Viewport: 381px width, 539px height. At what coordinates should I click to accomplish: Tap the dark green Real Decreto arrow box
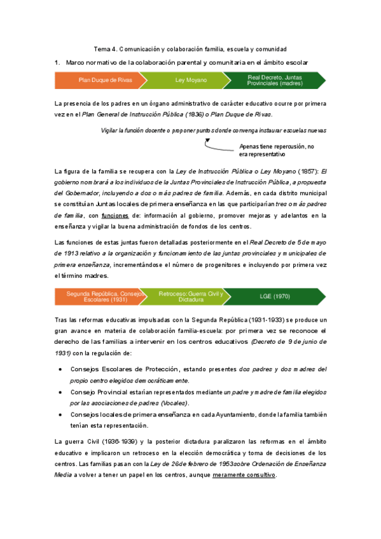pyautogui.click(x=275, y=81)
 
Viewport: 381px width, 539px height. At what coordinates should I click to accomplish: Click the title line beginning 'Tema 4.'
pyautogui.click(x=190, y=49)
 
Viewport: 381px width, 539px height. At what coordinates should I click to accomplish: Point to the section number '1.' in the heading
pyautogui.click(x=58, y=62)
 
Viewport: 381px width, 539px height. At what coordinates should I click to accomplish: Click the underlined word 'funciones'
pyautogui.click(x=115, y=216)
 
